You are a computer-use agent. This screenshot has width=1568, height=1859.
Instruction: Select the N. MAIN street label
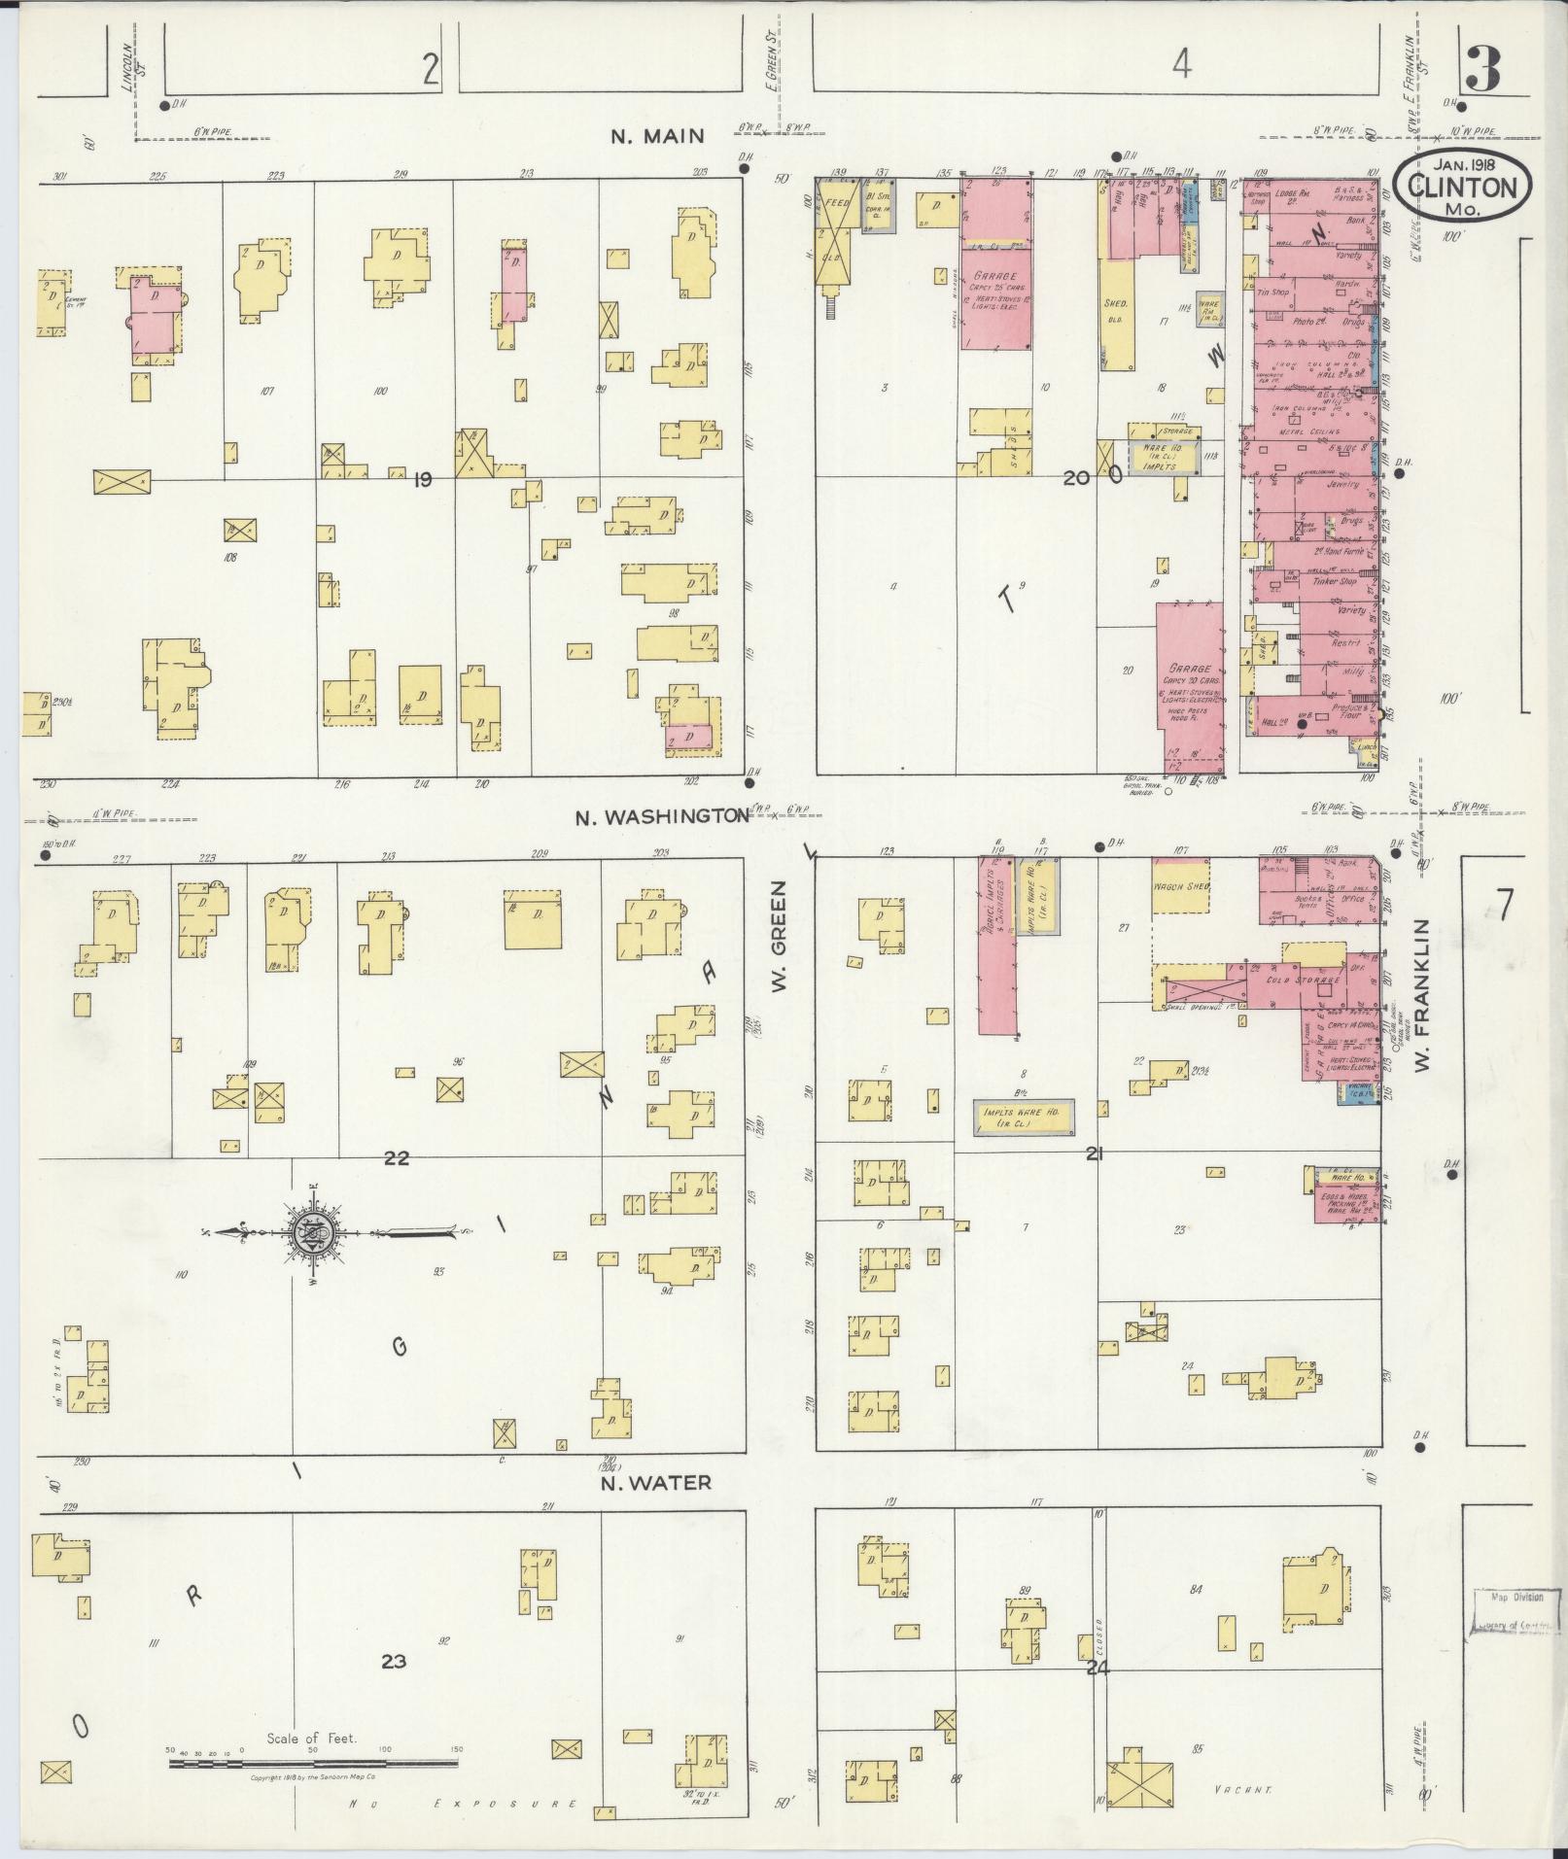tap(657, 136)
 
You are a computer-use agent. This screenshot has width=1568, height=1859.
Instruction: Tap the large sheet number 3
tap(1483, 69)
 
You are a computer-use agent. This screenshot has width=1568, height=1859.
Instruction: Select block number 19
tap(422, 479)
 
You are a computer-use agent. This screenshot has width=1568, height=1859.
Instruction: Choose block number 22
tap(396, 1158)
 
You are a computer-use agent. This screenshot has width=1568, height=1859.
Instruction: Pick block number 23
tap(393, 1662)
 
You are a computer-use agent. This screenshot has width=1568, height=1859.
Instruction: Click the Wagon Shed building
tap(1180, 886)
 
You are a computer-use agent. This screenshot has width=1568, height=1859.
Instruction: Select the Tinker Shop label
tap(1334, 581)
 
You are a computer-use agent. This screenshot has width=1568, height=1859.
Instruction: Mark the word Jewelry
tap(1341, 483)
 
